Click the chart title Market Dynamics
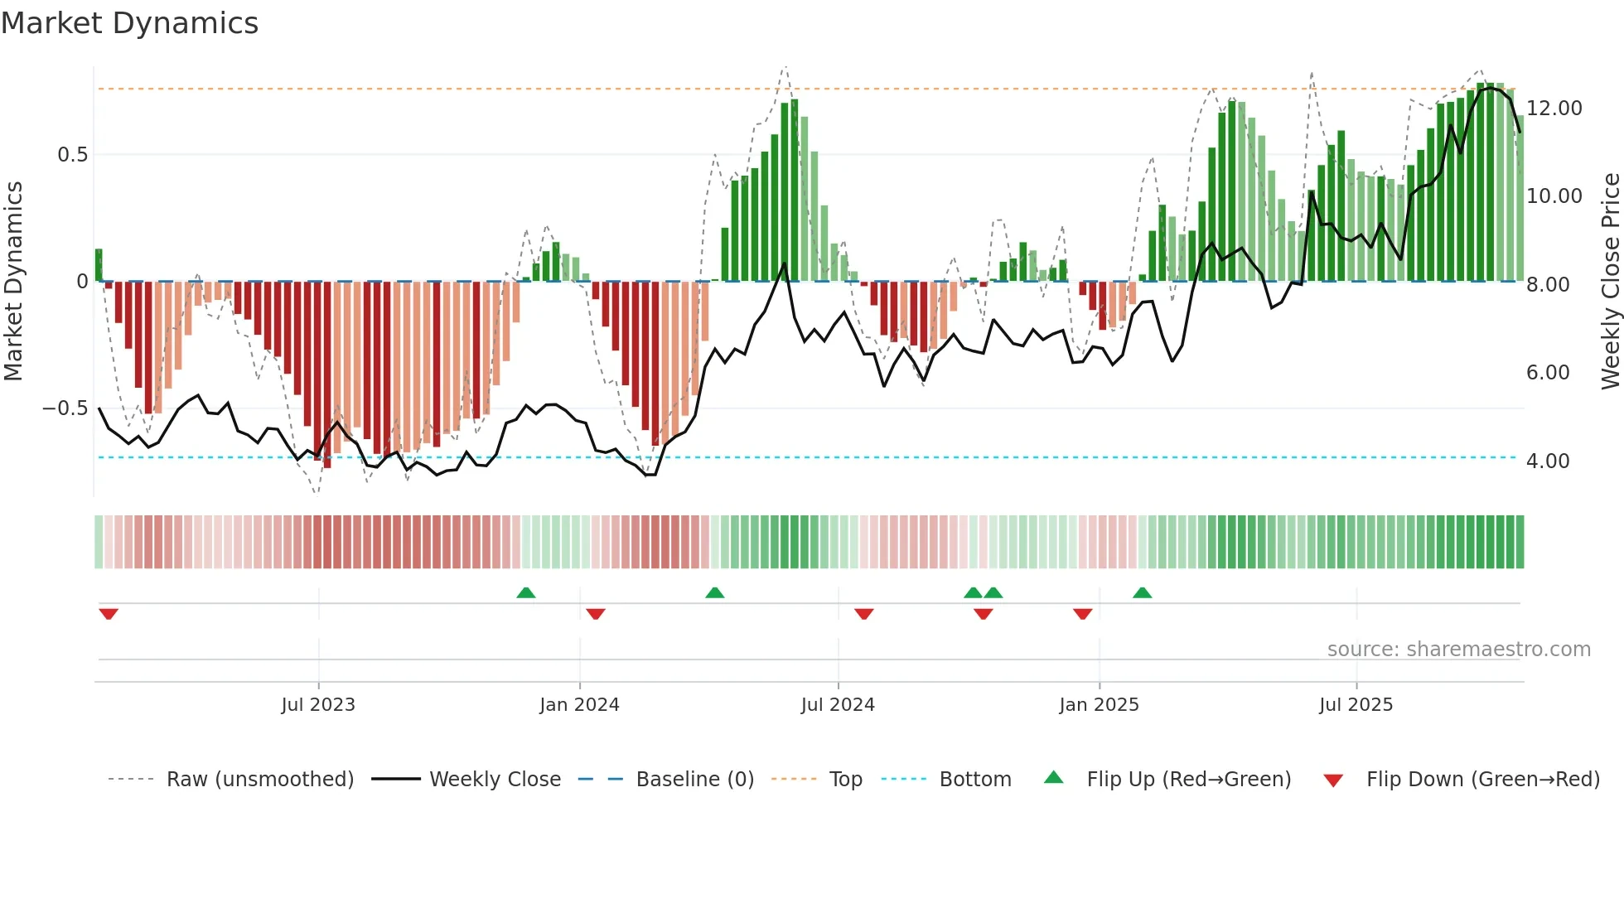pos(129,23)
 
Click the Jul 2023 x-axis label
pos(318,705)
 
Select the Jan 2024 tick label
pos(579,705)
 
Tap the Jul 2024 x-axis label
pos(838,705)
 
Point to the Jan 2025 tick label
pos(1099,705)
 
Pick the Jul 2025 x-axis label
pos(1356,705)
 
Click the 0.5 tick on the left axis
pos(72,155)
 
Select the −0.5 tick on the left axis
pos(65,408)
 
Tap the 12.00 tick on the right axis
pos(1554,109)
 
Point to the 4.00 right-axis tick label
pos(1548,461)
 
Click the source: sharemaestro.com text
pos(1458,650)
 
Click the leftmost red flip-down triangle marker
pos(109,614)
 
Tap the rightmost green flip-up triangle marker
pos(1142,592)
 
